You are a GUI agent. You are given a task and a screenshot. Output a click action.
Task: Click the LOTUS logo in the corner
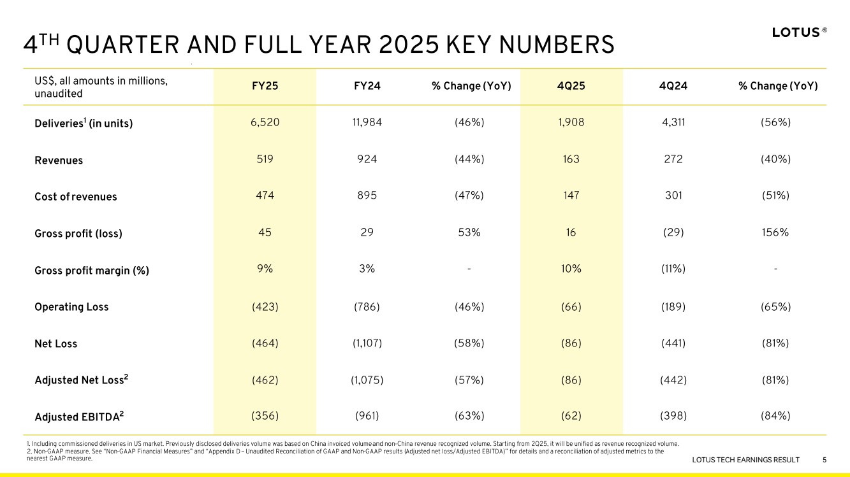(799, 32)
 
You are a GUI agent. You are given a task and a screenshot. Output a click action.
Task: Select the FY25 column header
(265, 86)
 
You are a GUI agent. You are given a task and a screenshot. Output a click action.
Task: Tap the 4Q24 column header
(673, 86)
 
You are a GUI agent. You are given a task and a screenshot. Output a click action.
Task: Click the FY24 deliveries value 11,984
(367, 122)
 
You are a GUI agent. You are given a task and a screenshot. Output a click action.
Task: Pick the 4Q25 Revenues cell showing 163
(571, 159)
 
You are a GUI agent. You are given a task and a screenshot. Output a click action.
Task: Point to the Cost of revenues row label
(75, 197)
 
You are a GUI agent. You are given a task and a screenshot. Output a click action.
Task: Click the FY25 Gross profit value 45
(265, 232)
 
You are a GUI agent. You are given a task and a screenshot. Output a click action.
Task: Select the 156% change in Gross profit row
(775, 232)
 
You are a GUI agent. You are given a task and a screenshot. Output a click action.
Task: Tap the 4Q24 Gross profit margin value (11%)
(673, 269)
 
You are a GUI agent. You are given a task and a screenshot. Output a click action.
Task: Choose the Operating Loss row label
(71, 306)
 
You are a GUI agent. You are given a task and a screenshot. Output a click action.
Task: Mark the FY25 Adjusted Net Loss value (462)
(265, 380)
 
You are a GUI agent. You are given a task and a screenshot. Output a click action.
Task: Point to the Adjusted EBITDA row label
(79, 416)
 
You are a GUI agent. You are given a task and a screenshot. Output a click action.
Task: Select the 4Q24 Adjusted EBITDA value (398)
(673, 416)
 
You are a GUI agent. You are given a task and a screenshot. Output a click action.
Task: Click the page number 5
(824, 460)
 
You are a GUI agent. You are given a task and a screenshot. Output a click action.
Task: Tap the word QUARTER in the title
(122, 45)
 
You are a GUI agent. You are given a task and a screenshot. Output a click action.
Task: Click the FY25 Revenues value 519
(265, 159)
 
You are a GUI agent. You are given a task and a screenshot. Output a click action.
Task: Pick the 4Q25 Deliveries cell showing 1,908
(571, 122)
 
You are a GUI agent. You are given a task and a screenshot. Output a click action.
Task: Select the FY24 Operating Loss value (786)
(367, 306)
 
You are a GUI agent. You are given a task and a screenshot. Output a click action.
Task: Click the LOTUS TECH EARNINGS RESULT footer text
(745, 460)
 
